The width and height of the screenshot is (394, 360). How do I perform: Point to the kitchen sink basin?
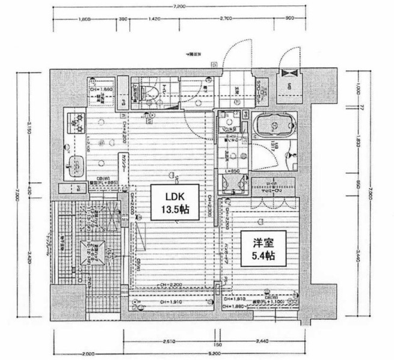point(78,163)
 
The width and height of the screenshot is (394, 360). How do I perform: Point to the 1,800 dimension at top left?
point(85,19)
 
